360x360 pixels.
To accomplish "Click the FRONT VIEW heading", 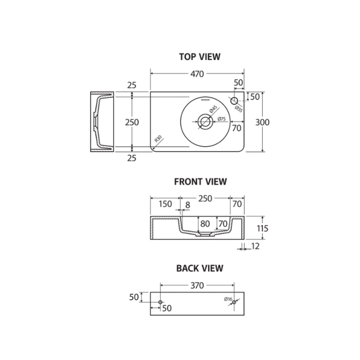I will [200, 182].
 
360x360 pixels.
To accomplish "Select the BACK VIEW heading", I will [200, 268].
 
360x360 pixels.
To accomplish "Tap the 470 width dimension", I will [196, 74].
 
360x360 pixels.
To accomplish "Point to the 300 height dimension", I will [263, 122].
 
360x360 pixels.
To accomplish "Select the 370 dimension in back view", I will [197, 285].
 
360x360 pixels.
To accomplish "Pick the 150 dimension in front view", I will [165, 204].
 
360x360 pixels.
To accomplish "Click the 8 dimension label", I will [187, 204].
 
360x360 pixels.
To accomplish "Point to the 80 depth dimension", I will [205, 224].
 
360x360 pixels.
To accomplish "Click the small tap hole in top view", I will [234, 101].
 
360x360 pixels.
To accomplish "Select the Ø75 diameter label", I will [222, 119].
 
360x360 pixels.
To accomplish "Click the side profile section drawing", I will [101, 122].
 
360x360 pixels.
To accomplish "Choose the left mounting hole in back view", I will [161, 302].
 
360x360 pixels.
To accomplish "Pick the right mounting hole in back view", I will [234, 302].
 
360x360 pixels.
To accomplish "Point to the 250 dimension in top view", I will [132, 122].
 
